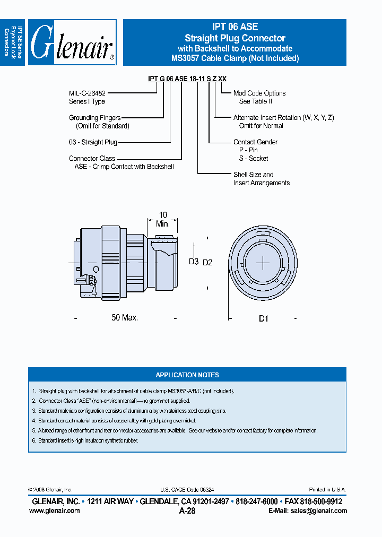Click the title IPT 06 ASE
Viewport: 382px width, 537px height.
(x=235, y=27)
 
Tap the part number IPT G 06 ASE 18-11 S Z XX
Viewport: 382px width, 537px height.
(x=187, y=79)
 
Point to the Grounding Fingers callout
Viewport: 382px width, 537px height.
(x=94, y=118)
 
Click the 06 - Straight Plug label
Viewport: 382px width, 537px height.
(x=93, y=142)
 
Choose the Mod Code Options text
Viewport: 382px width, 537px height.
(x=259, y=93)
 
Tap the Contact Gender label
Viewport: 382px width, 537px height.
(x=255, y=142)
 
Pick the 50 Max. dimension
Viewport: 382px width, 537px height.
(x=125, y=318)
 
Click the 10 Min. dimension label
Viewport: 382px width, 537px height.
(x=163, y=220)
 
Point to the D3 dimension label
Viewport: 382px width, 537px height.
(x=194, y=262)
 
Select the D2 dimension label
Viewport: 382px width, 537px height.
(x=207, y=262)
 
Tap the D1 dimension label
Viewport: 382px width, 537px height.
(x=264, y=318)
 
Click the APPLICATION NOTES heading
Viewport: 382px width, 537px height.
(x=187, y=375)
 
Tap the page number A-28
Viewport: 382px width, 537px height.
(x=187, y=511)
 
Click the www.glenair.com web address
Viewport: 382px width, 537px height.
(x=55, y=511)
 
